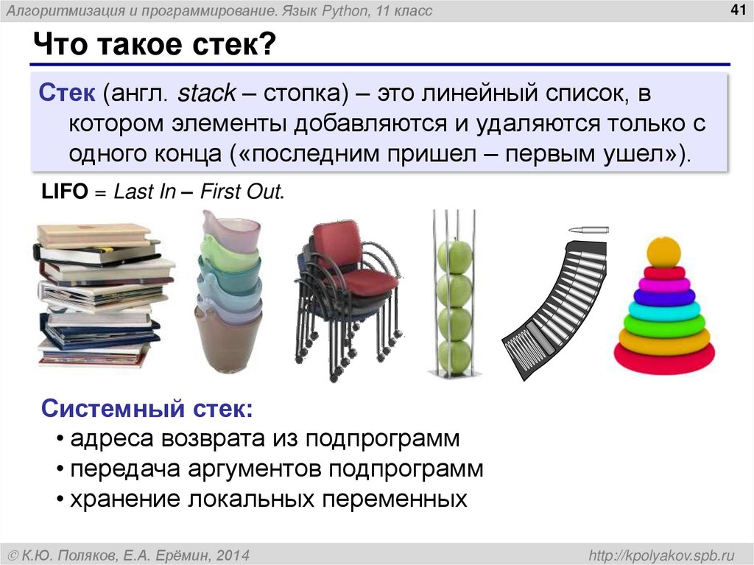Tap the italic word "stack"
207,94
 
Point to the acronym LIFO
64,193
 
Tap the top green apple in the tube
454,257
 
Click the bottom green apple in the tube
454,357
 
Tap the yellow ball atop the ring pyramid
664,253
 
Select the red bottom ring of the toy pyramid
664,357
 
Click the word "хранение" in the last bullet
125,499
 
